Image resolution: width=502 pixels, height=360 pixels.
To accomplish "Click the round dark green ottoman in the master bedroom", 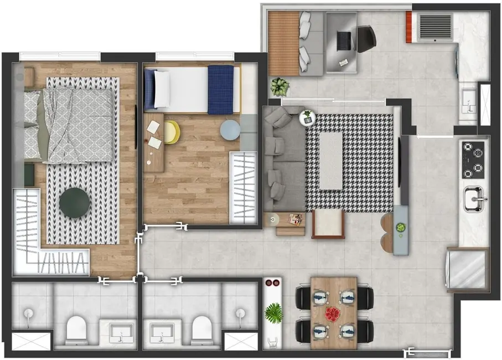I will point(75,202).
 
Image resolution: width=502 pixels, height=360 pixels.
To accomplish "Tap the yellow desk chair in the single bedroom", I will point(172,132).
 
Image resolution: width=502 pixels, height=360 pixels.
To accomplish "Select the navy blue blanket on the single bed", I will point(221,89).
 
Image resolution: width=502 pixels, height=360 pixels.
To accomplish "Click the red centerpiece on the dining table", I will point(333,314).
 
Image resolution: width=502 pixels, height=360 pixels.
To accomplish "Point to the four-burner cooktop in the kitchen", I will point(473,160).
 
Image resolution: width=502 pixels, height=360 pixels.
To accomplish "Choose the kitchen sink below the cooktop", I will point(474,198).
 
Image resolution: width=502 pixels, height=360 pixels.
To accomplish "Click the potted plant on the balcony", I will point(280,86).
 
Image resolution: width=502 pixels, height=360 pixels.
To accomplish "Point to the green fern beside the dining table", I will point(273,313).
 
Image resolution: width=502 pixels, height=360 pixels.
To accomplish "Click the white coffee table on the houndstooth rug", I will point(331,161).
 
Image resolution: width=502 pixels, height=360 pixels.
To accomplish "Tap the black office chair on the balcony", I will point(366,38).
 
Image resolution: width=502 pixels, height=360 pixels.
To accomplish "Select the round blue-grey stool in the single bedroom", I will point(230,131).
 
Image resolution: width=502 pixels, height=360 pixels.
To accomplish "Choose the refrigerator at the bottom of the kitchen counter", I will point(468,270).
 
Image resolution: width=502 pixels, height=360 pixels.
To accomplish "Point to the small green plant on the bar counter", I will point(401,227).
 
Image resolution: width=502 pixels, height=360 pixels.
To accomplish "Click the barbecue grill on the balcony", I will point(435,27).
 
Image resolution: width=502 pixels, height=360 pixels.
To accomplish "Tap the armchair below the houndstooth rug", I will point(328,224).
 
